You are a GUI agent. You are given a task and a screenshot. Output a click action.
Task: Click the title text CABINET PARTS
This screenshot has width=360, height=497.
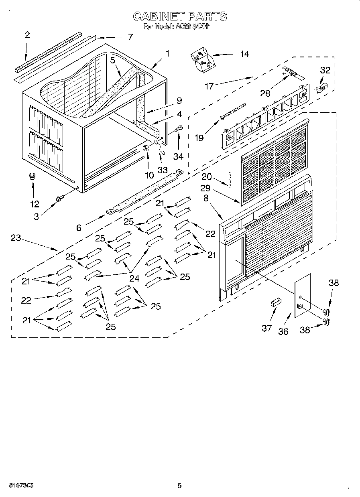click(x=180, y=16)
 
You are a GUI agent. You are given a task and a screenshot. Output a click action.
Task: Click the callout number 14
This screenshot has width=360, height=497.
click(x=244, y=54)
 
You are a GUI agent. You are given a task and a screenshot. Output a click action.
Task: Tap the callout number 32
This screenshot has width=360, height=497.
click(x=325, y=70)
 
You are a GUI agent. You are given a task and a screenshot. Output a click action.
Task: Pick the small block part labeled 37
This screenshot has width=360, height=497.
click(x=275, y=302)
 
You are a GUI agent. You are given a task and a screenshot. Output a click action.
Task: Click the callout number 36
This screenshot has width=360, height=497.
click(x=283, y=331)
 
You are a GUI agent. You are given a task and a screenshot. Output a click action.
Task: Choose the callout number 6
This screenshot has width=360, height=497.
click(x=79, y=228)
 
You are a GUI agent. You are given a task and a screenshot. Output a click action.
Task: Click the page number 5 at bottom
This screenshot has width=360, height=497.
click(x=180, y=485)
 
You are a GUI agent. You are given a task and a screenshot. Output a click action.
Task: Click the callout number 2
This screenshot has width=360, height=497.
click(x=27, y=35)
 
